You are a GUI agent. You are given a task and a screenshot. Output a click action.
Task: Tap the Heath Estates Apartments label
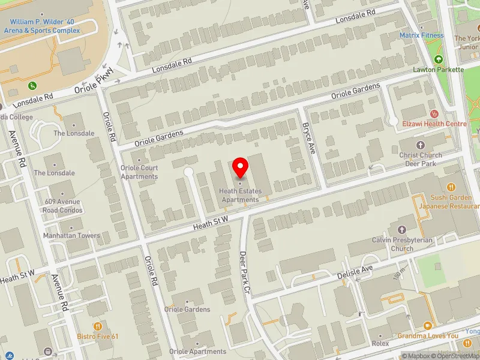[240, 196]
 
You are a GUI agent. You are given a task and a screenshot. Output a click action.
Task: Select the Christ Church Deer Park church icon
[420, 145]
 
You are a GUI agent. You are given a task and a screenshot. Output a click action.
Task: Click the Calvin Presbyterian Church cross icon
[401, 230]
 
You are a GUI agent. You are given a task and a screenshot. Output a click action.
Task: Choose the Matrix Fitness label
[422, 35]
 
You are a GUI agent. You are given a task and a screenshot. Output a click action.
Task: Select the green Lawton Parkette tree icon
[439, 59]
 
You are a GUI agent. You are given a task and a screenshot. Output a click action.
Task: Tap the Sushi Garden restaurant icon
[451, 187]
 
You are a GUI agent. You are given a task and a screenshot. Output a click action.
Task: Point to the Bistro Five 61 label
[98, 337]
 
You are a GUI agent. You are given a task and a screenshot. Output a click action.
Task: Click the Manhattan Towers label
[71, 236]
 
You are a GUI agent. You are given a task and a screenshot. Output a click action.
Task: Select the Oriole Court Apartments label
[139, 172]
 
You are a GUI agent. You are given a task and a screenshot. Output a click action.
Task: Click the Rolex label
[380, 344]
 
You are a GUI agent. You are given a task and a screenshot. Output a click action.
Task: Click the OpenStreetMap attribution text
[454, 356]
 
